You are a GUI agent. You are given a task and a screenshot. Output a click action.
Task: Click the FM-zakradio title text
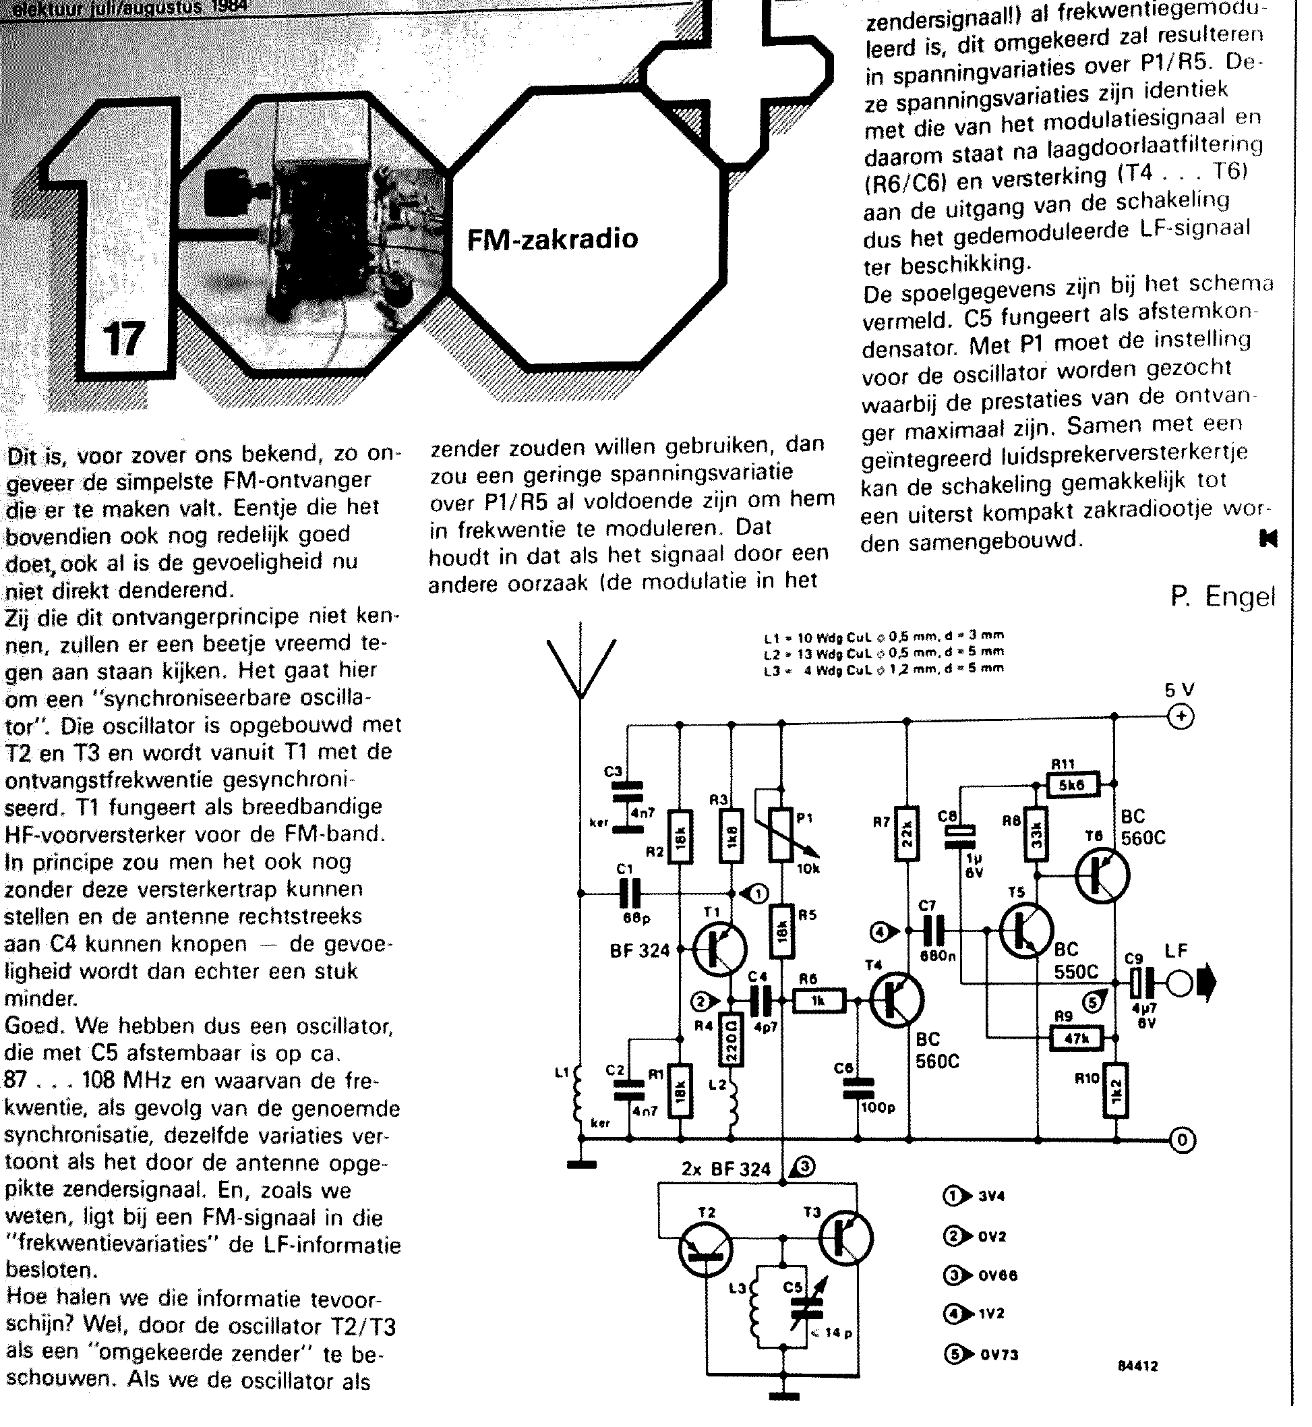pyautogui.click(x=552, y=239)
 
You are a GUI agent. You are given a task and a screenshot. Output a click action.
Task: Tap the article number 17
pyautogui.click(x=123, y=339)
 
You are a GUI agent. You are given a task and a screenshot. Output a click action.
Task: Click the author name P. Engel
pyautogui.click(x=1222, y=596)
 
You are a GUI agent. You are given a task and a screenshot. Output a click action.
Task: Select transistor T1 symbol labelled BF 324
pyautogui.click(x=719, y=949)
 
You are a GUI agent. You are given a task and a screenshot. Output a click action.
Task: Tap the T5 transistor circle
pyautogui.click(x=1027, y=931)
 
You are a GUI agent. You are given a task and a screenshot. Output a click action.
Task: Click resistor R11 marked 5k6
pyautogui.click(x=1073, y=785)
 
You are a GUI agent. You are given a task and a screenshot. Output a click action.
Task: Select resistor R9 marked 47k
pyautogui.click(x=1076, y=1039)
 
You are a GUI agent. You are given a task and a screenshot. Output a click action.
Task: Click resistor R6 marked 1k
pyautogui.click(x=818, y=1001)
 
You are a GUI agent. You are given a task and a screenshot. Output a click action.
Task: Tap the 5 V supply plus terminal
pyautogui.click(x=1181, y=718)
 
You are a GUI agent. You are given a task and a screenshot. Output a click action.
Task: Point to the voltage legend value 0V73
pyautogui.click(x=999, y=1355)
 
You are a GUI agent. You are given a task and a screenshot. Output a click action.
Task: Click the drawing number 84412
pyautogui.click(x=1137, y=1385)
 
